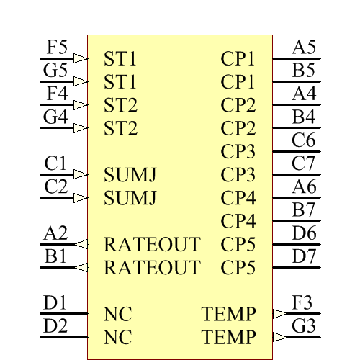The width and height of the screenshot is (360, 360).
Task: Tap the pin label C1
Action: click(x=55, y=164)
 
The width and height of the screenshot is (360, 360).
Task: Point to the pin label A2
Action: click(x=55, y=233)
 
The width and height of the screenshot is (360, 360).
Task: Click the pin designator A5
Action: click(x=304, y=48)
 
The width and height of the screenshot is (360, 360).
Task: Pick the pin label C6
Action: click(x=304, y=141)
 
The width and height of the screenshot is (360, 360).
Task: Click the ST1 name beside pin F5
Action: click(x=120, y=59)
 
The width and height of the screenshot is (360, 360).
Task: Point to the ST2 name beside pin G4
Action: click(x=120, y=130)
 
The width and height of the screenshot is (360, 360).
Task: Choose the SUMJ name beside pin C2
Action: click(x=130, y=198)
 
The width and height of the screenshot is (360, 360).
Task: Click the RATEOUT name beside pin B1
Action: click(x=152, y=268)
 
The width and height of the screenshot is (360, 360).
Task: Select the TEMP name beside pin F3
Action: click(x=229, y=314)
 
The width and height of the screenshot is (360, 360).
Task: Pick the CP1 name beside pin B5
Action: click(x=238, y=82)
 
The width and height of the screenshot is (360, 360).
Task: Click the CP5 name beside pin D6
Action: click(x=238, y=244)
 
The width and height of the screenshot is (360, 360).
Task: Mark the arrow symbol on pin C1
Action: click(x=81, y=174)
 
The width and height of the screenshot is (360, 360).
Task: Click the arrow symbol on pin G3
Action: click(x=279, y=337)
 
